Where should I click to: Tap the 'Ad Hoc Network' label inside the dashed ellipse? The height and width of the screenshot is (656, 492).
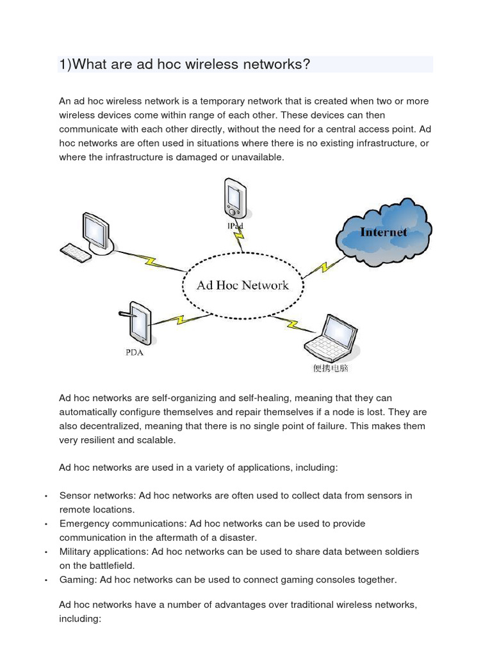pyautogui.click(x=243, y=285)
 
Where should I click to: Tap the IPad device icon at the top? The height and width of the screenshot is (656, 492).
pyautogui.click(x=233, y=199)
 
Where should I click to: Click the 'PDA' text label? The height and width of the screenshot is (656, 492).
pyautogui.click(x=134, y=353)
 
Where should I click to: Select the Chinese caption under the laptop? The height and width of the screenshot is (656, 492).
pyautogui.click(x=330, y=368)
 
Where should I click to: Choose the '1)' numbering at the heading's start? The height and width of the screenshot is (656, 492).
pyautogui.click(x=65, y=65)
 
